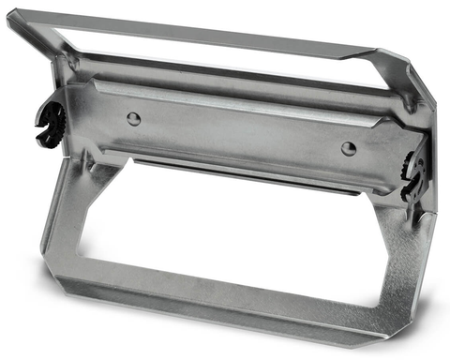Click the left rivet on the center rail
tap(134, 118)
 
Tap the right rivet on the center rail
tap(348, 148)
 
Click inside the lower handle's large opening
tap(234, 234)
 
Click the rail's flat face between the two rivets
tap(239, 131)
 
